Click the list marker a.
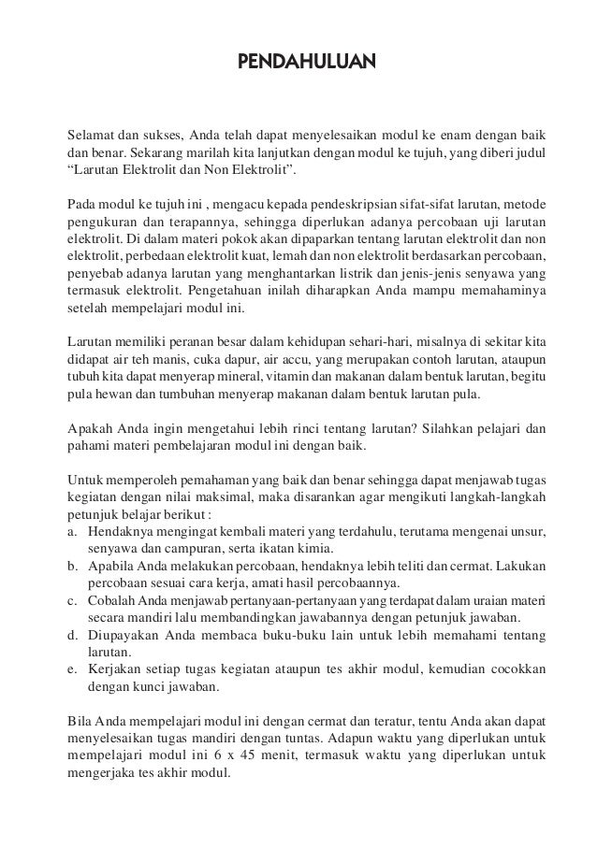[x=72, y=531]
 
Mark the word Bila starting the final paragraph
[x=80, y=720]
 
